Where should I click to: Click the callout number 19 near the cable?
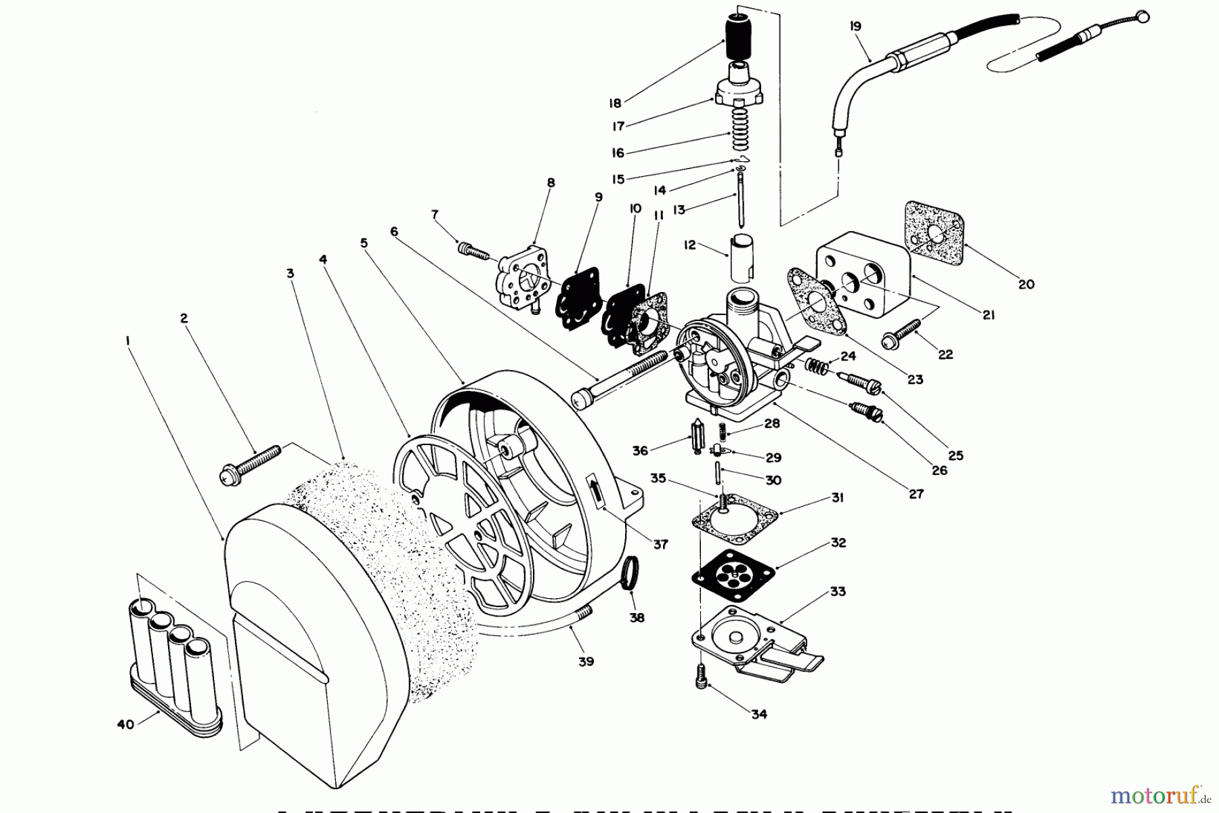click(x=855, y=26)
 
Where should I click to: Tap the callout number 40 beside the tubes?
click(x=125, y=724)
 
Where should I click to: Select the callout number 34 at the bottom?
click(x=759, y=714)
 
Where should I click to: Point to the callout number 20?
click(x=1026, y=285)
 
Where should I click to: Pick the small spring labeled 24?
click(x=817, y=367)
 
